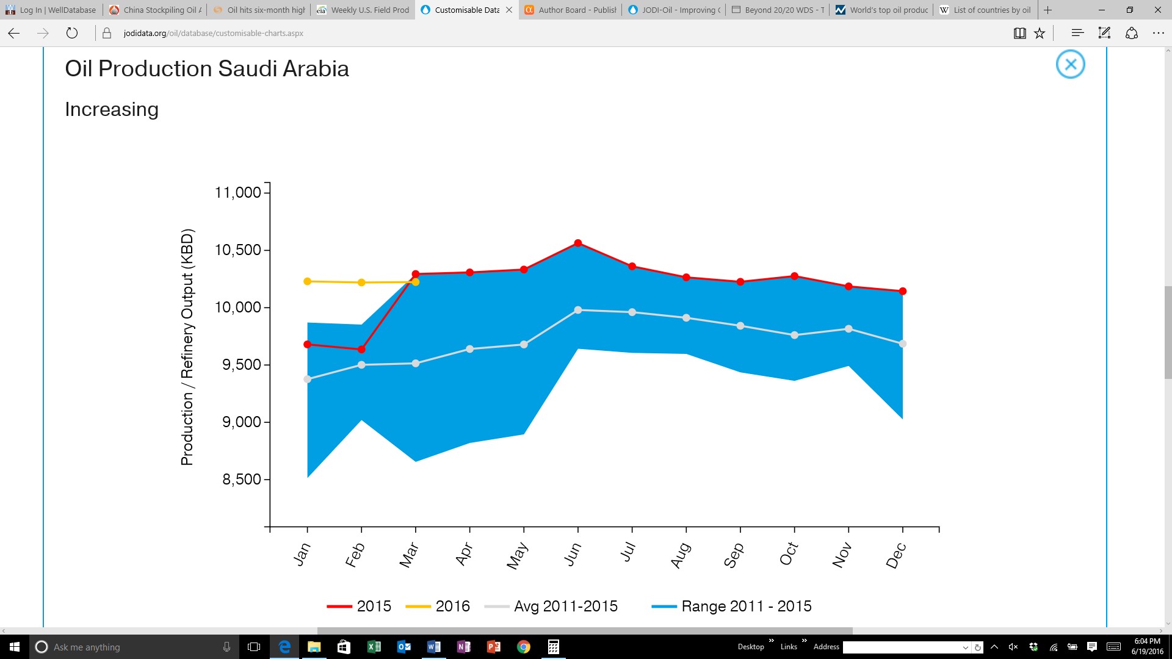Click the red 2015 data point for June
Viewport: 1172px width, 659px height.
(578, 243)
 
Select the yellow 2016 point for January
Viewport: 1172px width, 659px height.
(308, 281)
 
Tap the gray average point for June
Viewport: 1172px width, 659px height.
(578, 310)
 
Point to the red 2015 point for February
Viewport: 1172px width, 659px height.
(361, 350)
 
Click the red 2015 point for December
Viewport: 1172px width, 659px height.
(903, 291)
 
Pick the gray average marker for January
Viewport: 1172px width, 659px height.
(308, 380)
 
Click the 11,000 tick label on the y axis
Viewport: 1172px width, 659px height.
(238, 193)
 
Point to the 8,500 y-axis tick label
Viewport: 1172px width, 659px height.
(242, 480)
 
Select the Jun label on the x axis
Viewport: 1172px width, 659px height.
(573, 554)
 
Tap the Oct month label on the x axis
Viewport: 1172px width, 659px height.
(789, 553)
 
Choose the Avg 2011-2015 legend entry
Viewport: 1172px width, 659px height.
(551, 607)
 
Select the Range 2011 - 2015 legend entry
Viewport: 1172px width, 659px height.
(732, 607)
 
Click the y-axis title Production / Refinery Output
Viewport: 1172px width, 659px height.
(187, 347)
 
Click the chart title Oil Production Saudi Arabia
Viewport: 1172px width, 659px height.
(207, 68)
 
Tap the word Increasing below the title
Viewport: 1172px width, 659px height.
(112, 109)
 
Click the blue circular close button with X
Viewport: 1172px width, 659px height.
(1071, 64)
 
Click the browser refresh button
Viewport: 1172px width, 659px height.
(72, 33)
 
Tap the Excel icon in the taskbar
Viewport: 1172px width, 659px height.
(374, 647)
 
